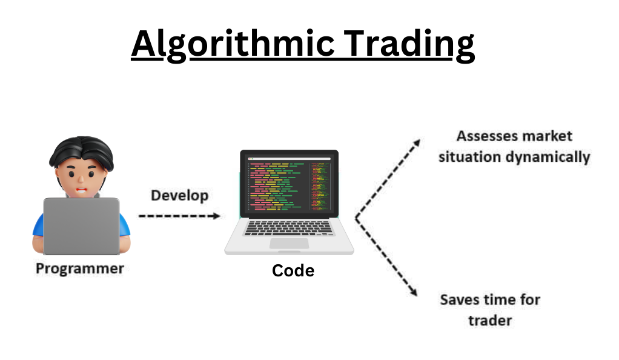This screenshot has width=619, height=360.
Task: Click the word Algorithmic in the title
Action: (x=233, y=44)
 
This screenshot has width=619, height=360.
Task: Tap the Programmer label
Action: (x=80, y=268)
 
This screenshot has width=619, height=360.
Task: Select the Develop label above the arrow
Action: (x=180, y=196)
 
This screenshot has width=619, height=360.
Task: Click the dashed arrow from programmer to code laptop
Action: (x=180, y=216)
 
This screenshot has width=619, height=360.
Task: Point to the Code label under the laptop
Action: (x=293, y=271)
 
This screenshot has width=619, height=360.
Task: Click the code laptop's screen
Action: (x=289, y=184)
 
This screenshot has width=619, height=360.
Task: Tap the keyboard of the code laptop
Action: (x=289, y=228)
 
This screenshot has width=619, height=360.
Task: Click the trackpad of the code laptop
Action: (x=289, y=244)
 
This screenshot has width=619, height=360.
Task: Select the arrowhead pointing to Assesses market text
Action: (x=417, y=142)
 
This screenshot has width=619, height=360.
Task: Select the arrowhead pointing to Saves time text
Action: (x=413, y=292)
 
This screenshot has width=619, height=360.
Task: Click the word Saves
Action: (x=459, y=300)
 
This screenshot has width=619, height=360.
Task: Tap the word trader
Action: (x=490, y=321)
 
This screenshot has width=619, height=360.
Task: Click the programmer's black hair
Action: (x=82, y=152)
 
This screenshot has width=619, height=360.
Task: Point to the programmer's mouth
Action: (x=81, y=190)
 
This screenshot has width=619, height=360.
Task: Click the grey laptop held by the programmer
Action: (x=81, y=226)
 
